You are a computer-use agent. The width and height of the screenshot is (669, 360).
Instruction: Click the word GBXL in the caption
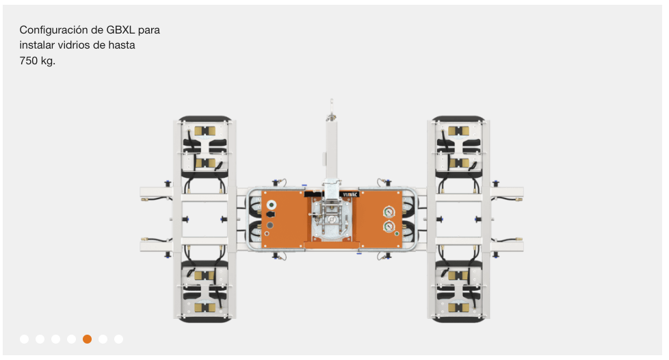click(x=120, y=30)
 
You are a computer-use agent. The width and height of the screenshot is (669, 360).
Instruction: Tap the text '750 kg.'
click(x=38, y=61)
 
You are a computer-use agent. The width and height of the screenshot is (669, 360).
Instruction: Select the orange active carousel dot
click(x=87, y=339)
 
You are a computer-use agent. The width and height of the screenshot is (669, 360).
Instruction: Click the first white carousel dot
click(x=25, y=339)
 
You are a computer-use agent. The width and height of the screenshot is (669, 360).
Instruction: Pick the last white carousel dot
click(x=118, y=339)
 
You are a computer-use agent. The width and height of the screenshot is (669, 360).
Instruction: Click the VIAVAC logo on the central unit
click(x=350, y=195)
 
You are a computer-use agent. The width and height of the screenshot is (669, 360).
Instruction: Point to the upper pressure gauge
click(x=389, y=211)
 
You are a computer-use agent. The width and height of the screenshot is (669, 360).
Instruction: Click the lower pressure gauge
click(x=389, y=227)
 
